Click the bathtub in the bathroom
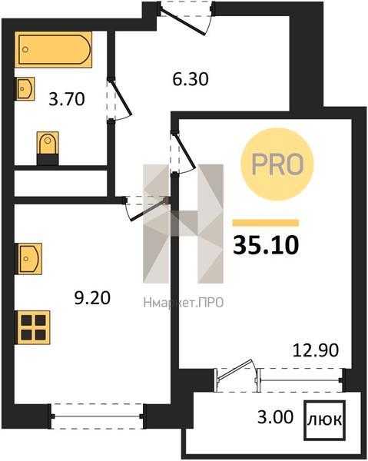coord(53,49)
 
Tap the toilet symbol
coord(48,148)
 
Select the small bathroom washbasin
coord(25,88)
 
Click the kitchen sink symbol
coord(28,259)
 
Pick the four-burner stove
coord(32,327)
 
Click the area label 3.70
coord(67,99)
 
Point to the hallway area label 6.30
coord(191,79)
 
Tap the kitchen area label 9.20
coord(92,298)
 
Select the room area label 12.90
coord(316,350)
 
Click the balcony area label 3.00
coord(275,416)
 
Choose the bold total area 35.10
coord(266,245)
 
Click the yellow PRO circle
coord(277,164)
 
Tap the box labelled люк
coord(324,420)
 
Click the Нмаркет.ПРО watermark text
coord(184,303)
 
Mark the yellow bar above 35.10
coord(266,223)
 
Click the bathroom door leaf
coord(121,98)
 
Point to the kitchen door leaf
coord(148,210)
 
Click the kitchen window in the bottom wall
coord(98,416)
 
